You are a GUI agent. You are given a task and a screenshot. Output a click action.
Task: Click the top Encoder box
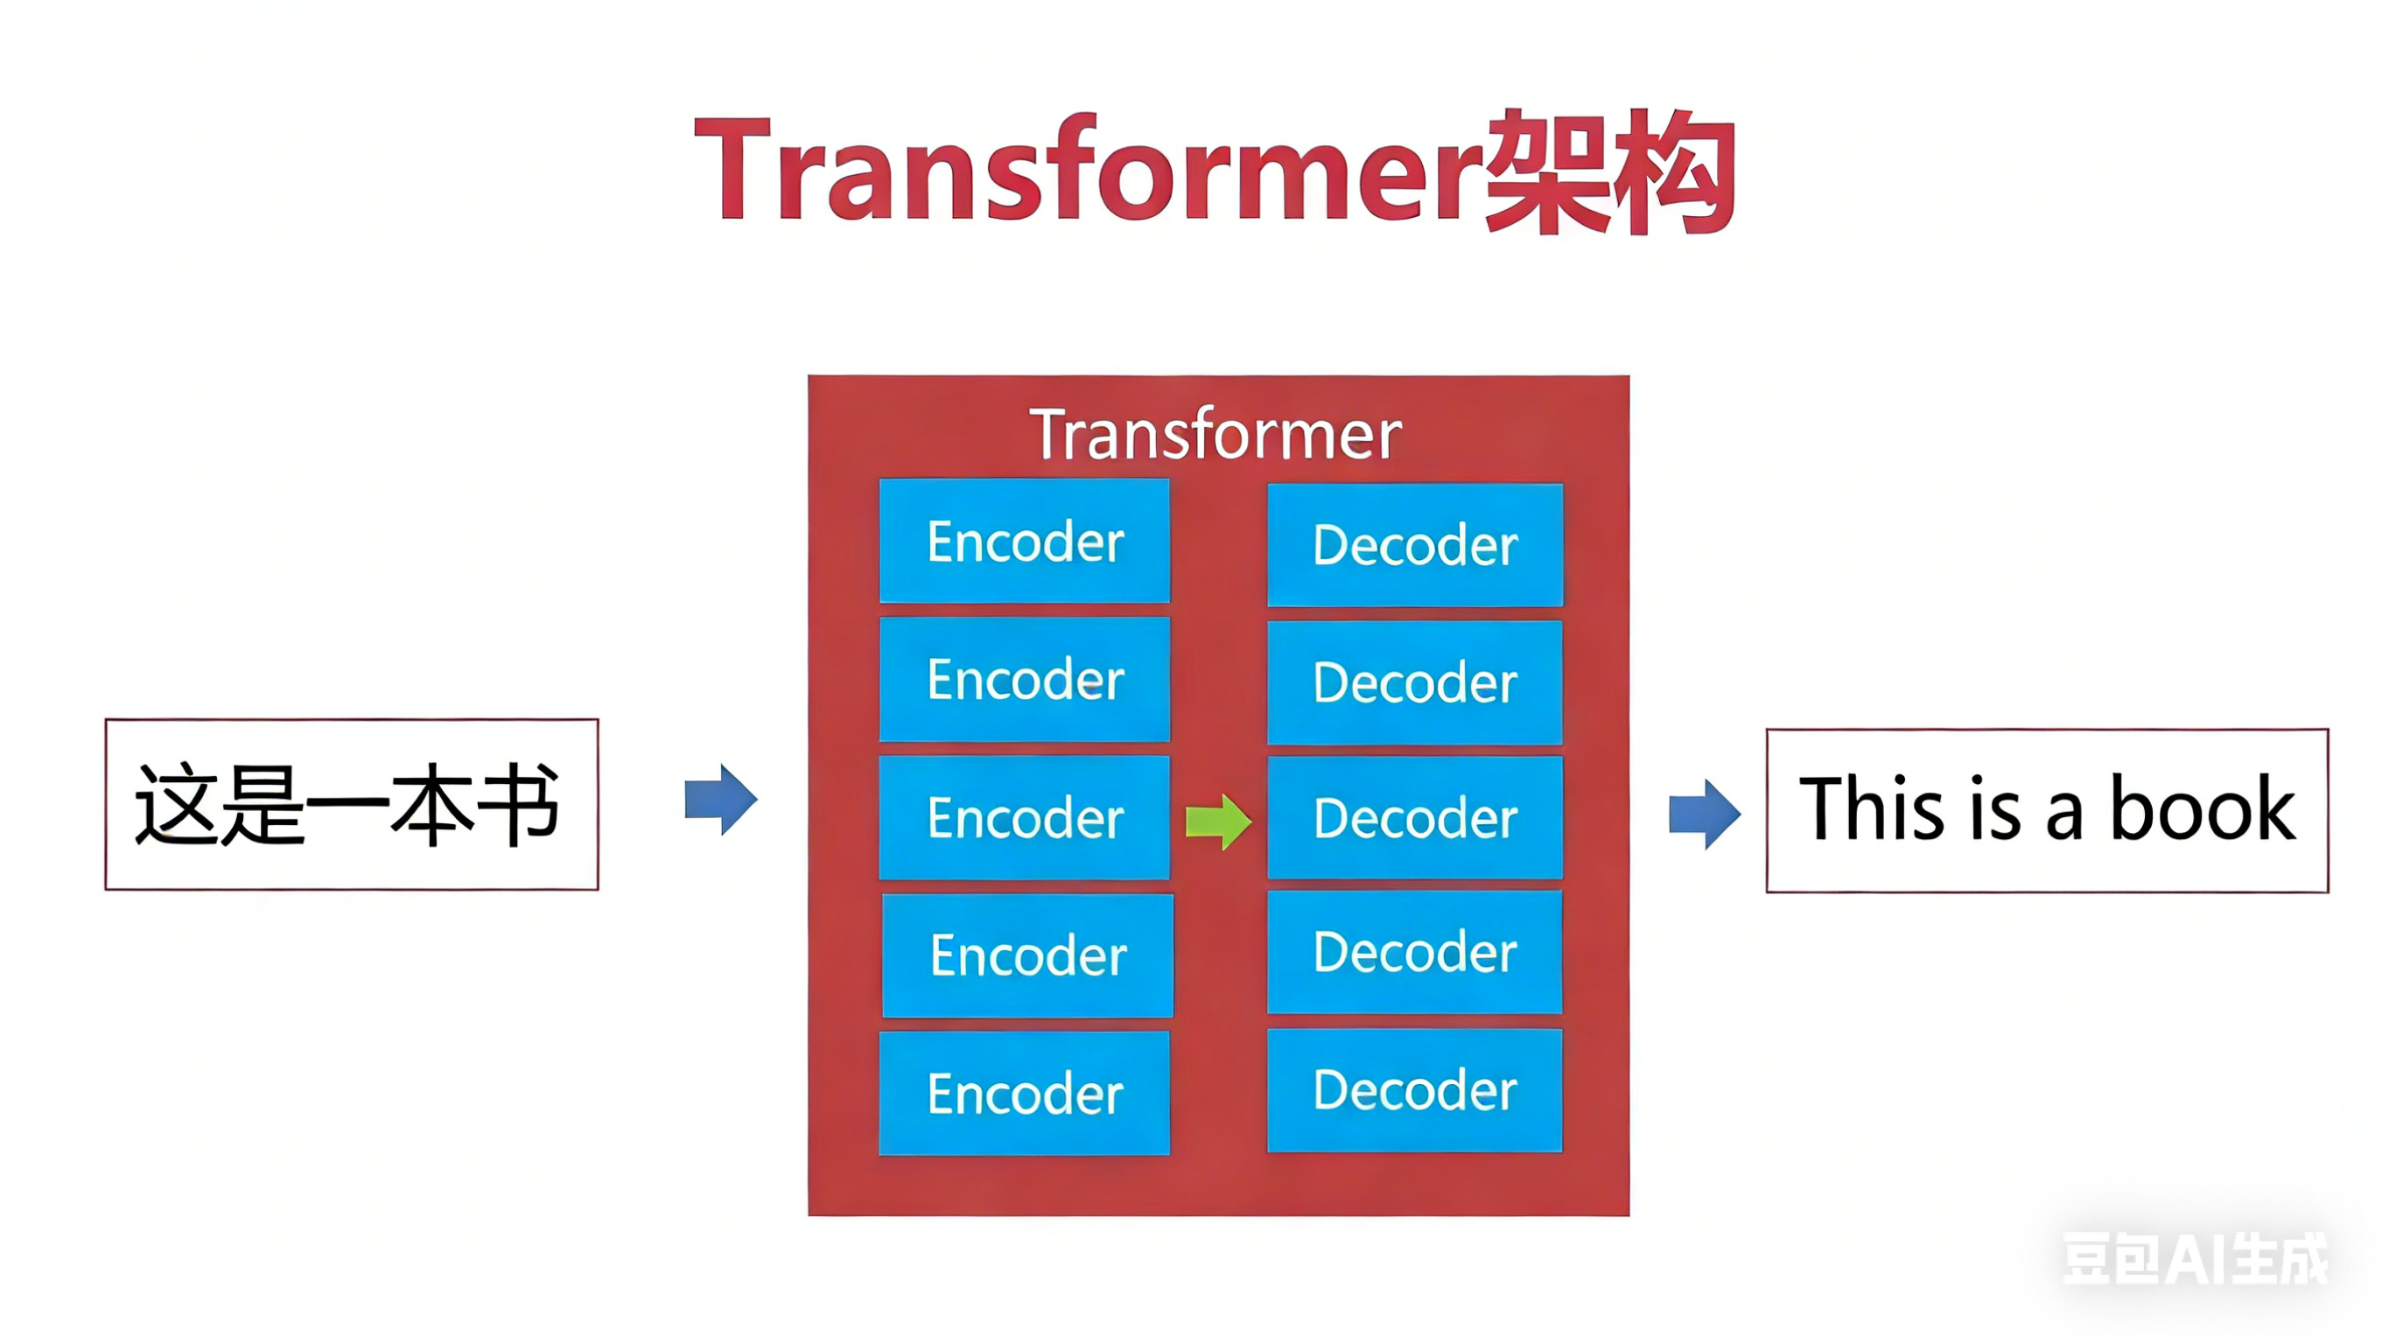1024,541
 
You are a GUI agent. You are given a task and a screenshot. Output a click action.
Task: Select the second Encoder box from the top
1024,679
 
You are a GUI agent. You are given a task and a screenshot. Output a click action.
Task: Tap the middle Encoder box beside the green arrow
1024,817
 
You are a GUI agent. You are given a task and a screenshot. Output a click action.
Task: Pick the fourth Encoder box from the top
1027,955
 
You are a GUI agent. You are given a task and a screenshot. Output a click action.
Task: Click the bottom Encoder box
1024,1094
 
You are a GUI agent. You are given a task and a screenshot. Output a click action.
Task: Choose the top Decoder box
1414,544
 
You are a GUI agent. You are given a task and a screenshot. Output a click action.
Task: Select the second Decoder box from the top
1414,682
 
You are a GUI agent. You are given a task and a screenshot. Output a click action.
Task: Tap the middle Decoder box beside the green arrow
1414,817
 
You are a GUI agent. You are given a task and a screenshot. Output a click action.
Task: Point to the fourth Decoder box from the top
1414,952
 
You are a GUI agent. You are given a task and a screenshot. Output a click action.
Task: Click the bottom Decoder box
1414,1090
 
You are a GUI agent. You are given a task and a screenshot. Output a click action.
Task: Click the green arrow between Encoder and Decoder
1219,822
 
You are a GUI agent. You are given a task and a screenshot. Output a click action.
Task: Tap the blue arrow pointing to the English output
1705,815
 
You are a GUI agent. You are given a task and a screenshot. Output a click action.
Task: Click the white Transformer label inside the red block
1216,434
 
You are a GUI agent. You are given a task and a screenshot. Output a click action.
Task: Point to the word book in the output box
2203,809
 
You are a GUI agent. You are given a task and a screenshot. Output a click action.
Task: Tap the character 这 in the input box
176,804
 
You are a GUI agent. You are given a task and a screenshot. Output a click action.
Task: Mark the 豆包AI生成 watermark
2194,1259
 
